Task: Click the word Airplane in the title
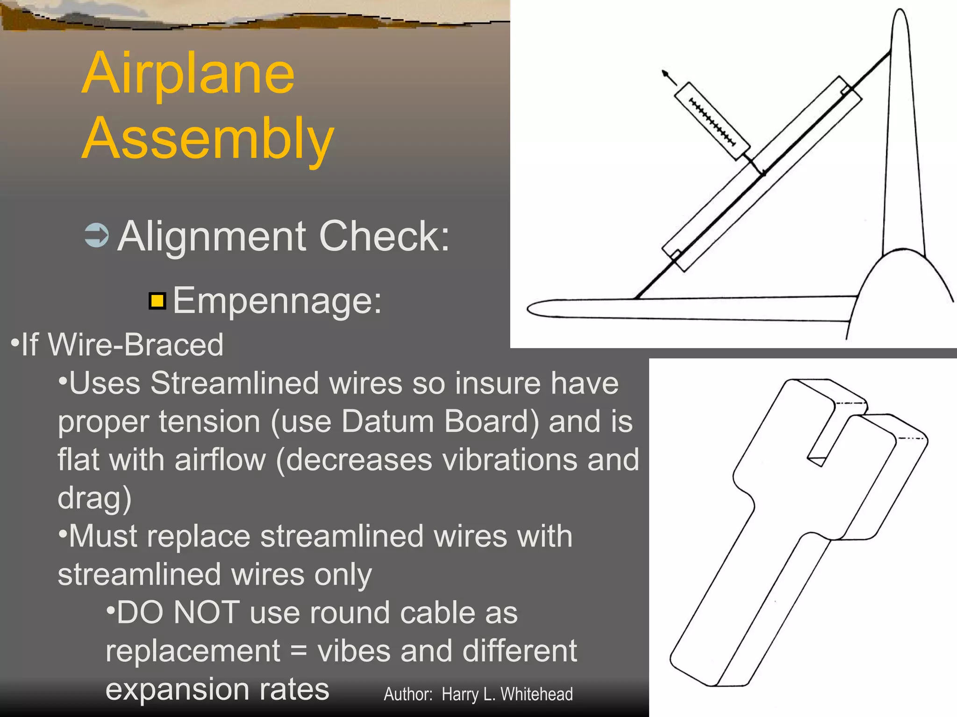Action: pyautogui.click(x=188, y=75)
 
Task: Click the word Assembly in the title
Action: pyautogui.click(x=208, y=139)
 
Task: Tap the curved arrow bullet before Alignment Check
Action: pyautogui.click(x=97, y=235)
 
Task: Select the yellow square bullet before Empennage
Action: pyautogui.click(x=157, y=301)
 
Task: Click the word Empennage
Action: pyautogui.click(x=277, y=300)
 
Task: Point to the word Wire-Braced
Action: pyautogui.click(x=136, y=344)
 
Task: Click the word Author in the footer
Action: pyautogui.click(x=407, y=694)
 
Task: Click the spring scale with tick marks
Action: pyautogui.click(x=712, y=121)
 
